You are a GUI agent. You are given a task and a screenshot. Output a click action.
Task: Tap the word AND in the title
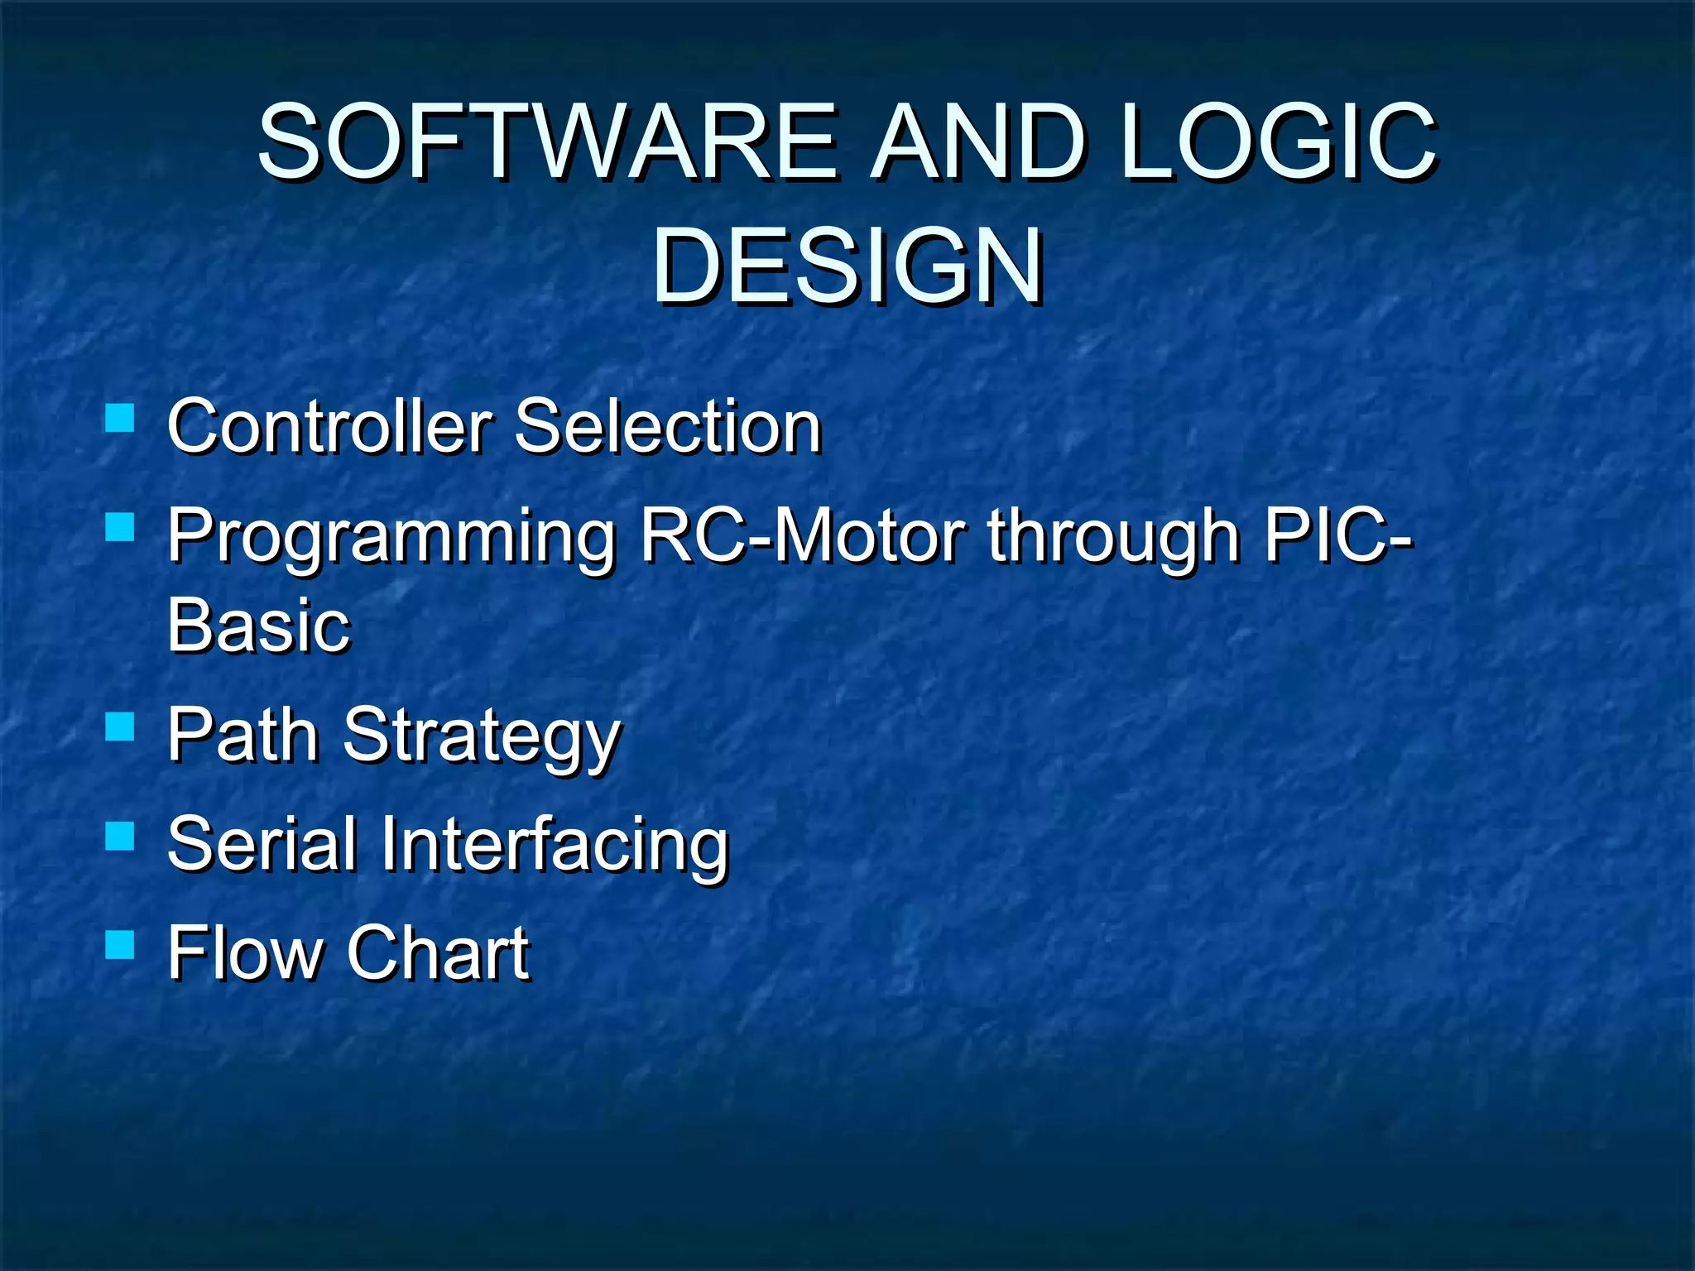click(979, 142)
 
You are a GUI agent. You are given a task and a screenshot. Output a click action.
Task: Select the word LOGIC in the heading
click(1279, 142)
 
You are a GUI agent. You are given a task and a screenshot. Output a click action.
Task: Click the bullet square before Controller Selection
click(120, 419)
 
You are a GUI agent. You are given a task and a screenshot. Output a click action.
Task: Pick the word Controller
click(330, 427)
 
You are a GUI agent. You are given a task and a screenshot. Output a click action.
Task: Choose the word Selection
click(668, 427)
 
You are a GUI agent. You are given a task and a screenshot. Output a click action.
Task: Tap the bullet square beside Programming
click(120, 526)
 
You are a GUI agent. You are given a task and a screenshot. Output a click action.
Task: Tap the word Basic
click(259, 626)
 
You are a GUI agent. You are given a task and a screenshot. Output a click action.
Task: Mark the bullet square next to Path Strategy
click(120, 727)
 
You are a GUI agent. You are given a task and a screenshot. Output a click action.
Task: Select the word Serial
click(262, 844)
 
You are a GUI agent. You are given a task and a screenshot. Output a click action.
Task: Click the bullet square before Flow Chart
click(120, 944)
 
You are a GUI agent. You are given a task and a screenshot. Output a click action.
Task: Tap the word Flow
click(244, 953)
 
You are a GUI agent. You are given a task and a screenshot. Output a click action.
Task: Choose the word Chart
click(438, 953)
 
